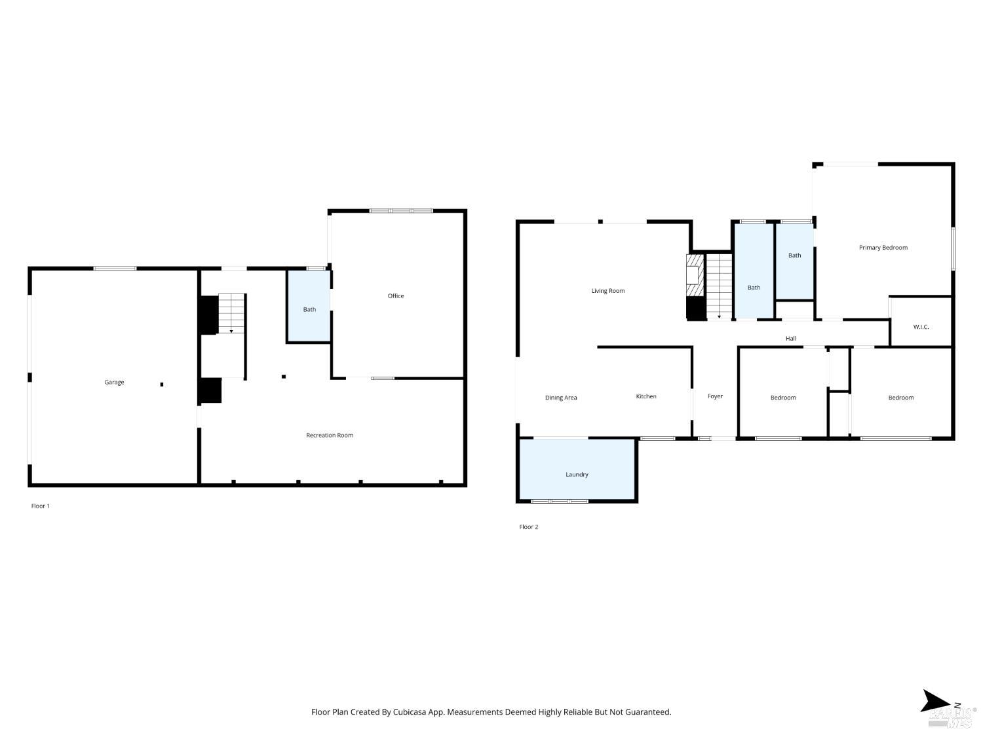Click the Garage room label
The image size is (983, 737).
pos(114,383)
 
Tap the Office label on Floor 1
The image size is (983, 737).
pos(396,296)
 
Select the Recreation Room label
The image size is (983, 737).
pos(330,436)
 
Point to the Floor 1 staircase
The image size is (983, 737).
pos(231,313)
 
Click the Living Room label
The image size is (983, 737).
pos(608,291)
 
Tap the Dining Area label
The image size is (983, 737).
pos(561,398)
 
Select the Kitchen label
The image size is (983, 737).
pos(646,397)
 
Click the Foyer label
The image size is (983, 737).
pos(715,397)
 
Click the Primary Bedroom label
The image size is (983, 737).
pos(883,248)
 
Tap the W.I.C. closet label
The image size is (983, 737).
pos(921,327)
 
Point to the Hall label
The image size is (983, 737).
pos(791,339)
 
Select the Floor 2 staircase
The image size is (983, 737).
pos(719,286)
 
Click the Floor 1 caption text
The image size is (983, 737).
pos(41,506)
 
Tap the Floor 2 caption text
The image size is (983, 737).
pos(529,527)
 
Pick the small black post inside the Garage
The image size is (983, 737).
pos(162,385)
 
